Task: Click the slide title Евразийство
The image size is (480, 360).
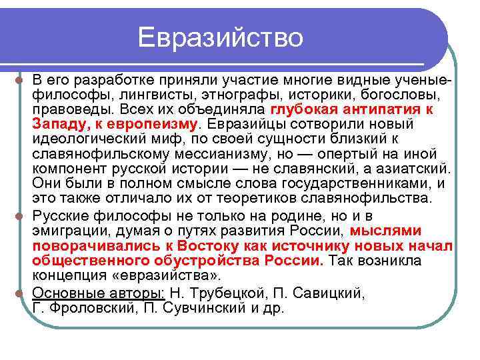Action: point(221,37)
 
